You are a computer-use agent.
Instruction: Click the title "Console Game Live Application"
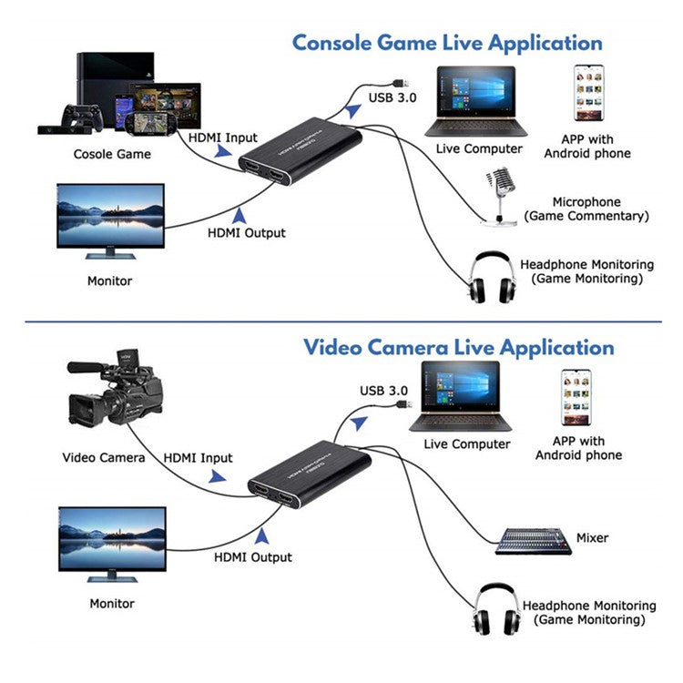pos(446,43)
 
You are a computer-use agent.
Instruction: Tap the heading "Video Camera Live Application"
pos(458,347)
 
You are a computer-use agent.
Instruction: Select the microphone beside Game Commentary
pos(501,193)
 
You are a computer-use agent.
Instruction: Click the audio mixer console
pos(533,540)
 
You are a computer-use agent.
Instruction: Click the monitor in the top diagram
pos(110,219)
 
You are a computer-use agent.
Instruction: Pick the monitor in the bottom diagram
pos(112,543)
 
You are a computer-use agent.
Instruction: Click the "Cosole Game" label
pos(112,154)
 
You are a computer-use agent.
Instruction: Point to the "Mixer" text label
pos(592,538)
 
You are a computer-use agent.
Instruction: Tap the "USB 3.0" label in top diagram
pos(392,97)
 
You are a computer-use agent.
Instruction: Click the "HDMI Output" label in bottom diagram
pos(253,556)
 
